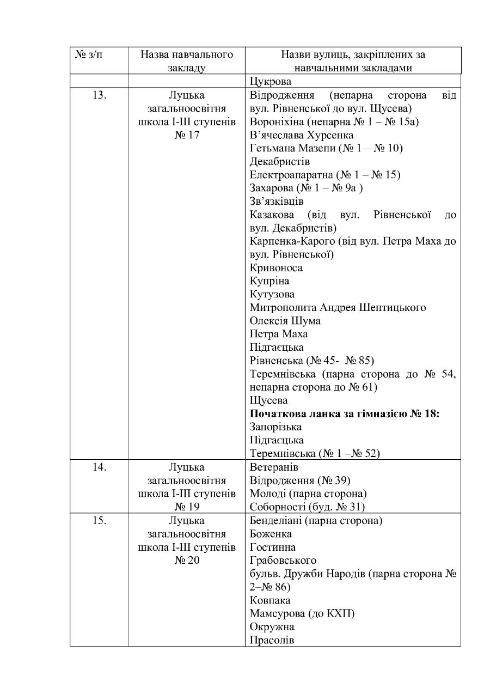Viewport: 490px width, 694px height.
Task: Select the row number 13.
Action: [x=99, y=95]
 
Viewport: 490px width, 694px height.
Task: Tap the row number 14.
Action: [x=99, y=467]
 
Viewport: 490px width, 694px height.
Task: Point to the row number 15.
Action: [x=99, y=521]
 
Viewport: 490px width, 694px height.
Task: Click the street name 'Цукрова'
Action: [x=271, y=82]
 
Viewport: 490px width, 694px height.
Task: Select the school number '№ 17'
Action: [x=187, y=135]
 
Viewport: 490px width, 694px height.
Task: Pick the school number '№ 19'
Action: [x=187, y=507]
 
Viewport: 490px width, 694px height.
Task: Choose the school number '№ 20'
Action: [x=187, y=561]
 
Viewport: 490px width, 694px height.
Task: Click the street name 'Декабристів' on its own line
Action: [x=280, y=162]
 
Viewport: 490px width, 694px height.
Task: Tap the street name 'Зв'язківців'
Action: [x=277, y=202]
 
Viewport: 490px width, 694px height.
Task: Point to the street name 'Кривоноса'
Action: [x=276, y=268]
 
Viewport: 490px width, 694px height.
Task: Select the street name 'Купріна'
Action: [x=269, y=281]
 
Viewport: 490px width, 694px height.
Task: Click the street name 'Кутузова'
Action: [x=272, y=295]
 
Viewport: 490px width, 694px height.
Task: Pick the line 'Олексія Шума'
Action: [x=285, y=321]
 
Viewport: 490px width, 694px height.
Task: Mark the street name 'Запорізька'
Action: [x=275, y=427]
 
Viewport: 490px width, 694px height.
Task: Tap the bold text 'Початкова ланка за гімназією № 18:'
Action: [x=345, y=414]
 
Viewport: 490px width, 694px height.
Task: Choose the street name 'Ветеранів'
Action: [x=274, y=467]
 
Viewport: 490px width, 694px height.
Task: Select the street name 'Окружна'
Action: [x=272, y=627]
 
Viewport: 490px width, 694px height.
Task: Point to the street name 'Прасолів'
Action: [x=272, y=640]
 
